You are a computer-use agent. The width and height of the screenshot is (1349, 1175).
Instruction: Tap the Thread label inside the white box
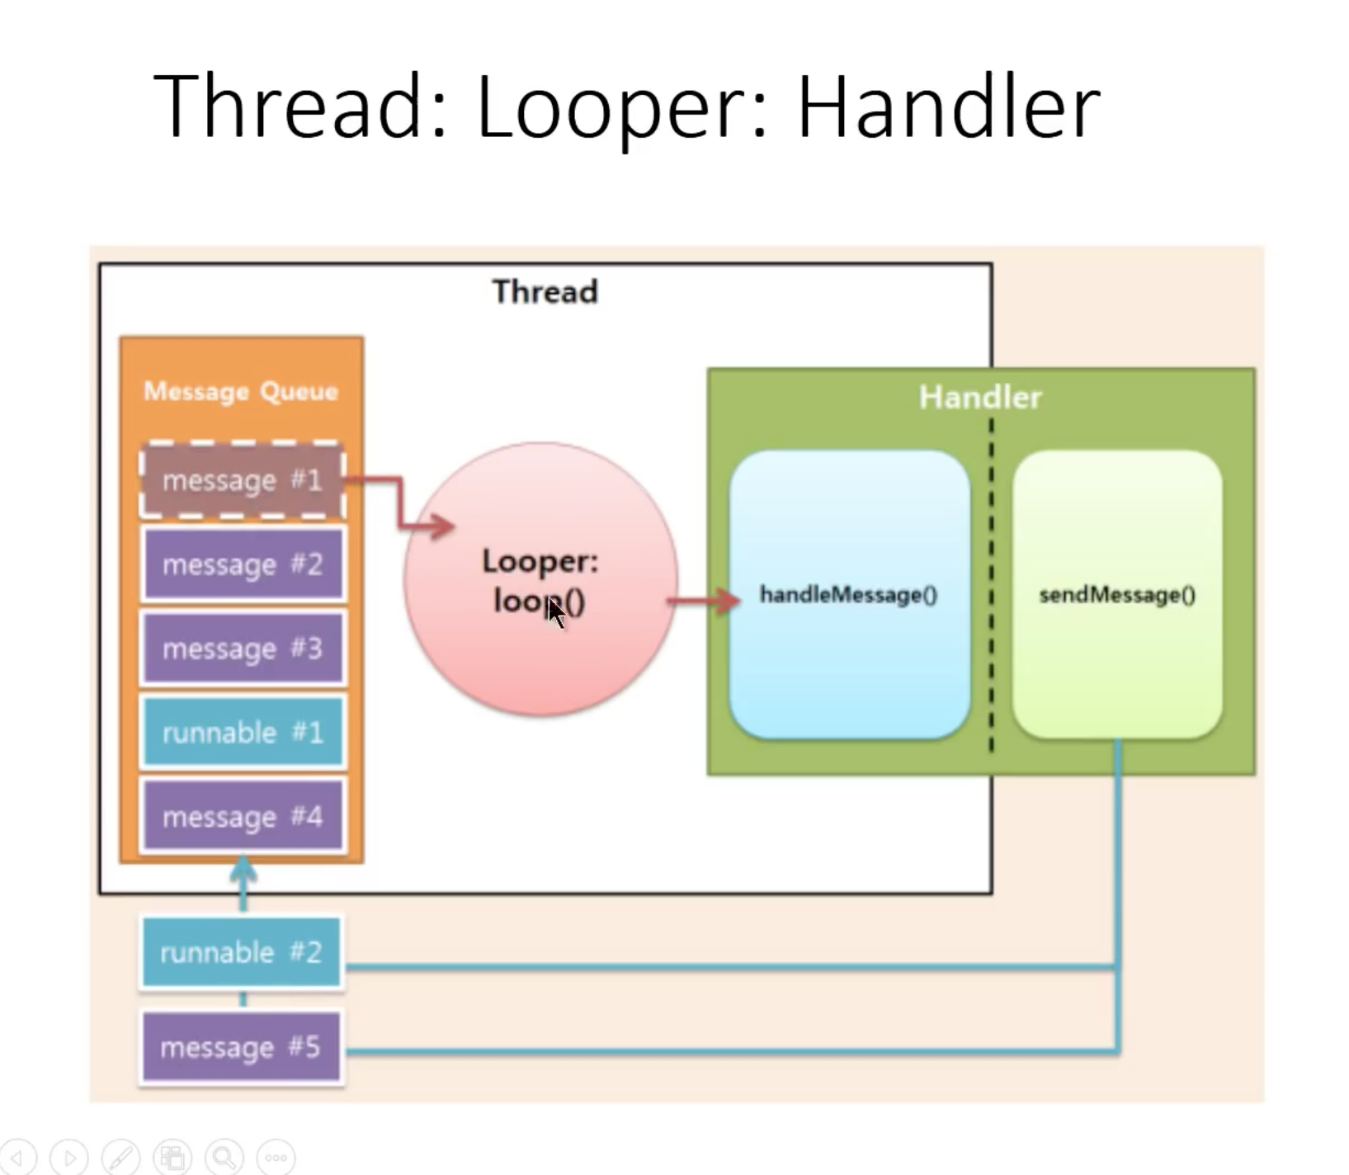(545, 292)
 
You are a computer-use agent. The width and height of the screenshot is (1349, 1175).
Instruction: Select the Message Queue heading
(241, 391)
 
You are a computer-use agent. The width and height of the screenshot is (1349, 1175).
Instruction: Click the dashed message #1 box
(242, 480)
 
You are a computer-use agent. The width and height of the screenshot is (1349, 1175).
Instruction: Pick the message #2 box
(243, 564)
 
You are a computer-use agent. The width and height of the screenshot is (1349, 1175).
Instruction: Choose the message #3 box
(243, 649)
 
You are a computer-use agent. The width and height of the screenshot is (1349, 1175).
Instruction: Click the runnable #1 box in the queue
(243, 733)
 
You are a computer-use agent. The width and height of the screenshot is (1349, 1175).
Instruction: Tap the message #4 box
(243, 817)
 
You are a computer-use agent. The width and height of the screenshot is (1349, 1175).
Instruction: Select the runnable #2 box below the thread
(241, 952)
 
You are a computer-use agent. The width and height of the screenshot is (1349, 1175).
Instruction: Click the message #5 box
(241, 1047)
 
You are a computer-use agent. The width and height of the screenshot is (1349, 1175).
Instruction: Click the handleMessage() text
(848, 595)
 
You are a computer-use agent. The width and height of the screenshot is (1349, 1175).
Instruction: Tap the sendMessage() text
(1117, 595)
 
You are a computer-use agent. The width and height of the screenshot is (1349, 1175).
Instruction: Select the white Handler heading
(980, 398)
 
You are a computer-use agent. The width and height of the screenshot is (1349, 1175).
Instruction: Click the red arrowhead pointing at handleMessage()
(729, 601)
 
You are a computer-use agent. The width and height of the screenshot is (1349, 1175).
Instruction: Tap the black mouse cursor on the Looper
(555, 613)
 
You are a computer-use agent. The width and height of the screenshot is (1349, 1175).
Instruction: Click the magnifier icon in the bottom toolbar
(224, 1157)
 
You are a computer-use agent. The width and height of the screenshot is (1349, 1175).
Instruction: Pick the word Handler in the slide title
(949, 107)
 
